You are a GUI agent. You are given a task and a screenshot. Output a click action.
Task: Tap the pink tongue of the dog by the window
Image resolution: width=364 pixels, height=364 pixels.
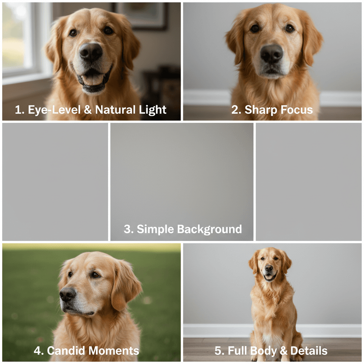coord(93,79)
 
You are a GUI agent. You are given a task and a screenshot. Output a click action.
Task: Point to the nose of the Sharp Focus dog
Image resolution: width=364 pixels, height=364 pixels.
coord(272,54)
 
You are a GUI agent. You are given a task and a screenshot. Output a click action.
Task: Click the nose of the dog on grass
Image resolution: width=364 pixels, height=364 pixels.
coord(68,294)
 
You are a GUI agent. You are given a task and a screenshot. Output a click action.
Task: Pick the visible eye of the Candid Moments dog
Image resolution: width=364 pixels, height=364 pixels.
coord(95,274)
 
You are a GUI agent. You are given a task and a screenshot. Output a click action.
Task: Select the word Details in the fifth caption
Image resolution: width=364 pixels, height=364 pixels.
coord(309,351)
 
